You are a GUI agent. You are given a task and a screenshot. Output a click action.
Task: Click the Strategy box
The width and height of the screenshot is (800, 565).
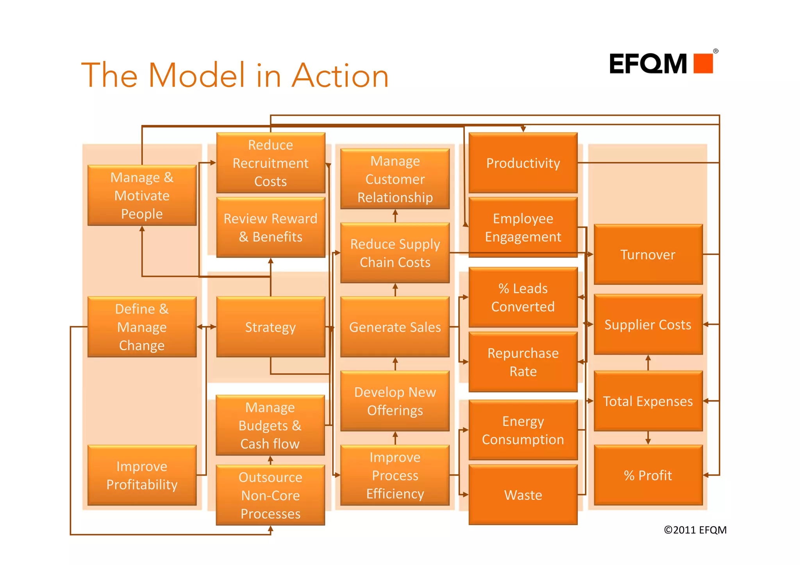(x=270, y=327)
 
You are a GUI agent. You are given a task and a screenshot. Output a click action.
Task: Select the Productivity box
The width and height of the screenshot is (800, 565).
(x=523, y=163)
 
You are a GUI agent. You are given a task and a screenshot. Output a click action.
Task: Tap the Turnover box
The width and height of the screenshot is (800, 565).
(x=648, y=254)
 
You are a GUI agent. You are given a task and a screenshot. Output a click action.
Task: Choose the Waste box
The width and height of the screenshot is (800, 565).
(x=523, y=495)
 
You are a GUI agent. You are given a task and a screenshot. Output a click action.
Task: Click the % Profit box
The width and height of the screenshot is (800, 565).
(x=648, y=475)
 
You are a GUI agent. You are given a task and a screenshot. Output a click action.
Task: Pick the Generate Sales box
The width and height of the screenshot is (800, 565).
(x=395, y=327)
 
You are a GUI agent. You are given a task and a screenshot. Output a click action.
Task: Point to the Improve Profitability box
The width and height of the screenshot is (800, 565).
(x=142, y=475)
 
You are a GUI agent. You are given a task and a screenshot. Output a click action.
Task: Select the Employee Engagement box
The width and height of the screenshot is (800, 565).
(x=523, y=227)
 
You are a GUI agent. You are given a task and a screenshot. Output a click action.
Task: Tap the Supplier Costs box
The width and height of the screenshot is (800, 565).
(x=648, y=324)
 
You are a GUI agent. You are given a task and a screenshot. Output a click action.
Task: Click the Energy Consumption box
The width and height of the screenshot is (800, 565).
(x=523, y=430)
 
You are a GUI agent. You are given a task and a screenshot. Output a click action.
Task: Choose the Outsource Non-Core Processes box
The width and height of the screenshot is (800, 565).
(x=270, y=495)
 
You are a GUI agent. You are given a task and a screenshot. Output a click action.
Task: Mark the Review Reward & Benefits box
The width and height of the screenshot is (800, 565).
(x=270, y=227)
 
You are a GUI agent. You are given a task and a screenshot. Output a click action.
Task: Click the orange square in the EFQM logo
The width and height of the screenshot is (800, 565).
(x=703, y=63)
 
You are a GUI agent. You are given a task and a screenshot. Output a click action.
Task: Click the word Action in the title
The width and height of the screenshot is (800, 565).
(x=340, y=75)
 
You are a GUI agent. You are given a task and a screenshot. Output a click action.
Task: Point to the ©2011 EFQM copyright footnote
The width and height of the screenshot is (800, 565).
(x=695, y=530)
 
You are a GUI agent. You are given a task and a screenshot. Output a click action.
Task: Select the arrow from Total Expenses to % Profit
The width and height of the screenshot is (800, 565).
(x=648, y=438)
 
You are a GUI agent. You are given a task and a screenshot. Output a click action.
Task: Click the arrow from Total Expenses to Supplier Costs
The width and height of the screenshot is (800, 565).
(x=648, y=363)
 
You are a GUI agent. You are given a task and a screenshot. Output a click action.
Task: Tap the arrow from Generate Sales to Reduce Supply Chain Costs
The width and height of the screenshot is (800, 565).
(x=395, y=290)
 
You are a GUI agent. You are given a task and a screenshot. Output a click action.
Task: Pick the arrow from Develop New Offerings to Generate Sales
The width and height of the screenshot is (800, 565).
(x=395, y=364)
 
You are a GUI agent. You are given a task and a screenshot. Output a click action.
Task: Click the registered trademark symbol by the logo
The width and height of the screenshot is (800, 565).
(x=716, y=51)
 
